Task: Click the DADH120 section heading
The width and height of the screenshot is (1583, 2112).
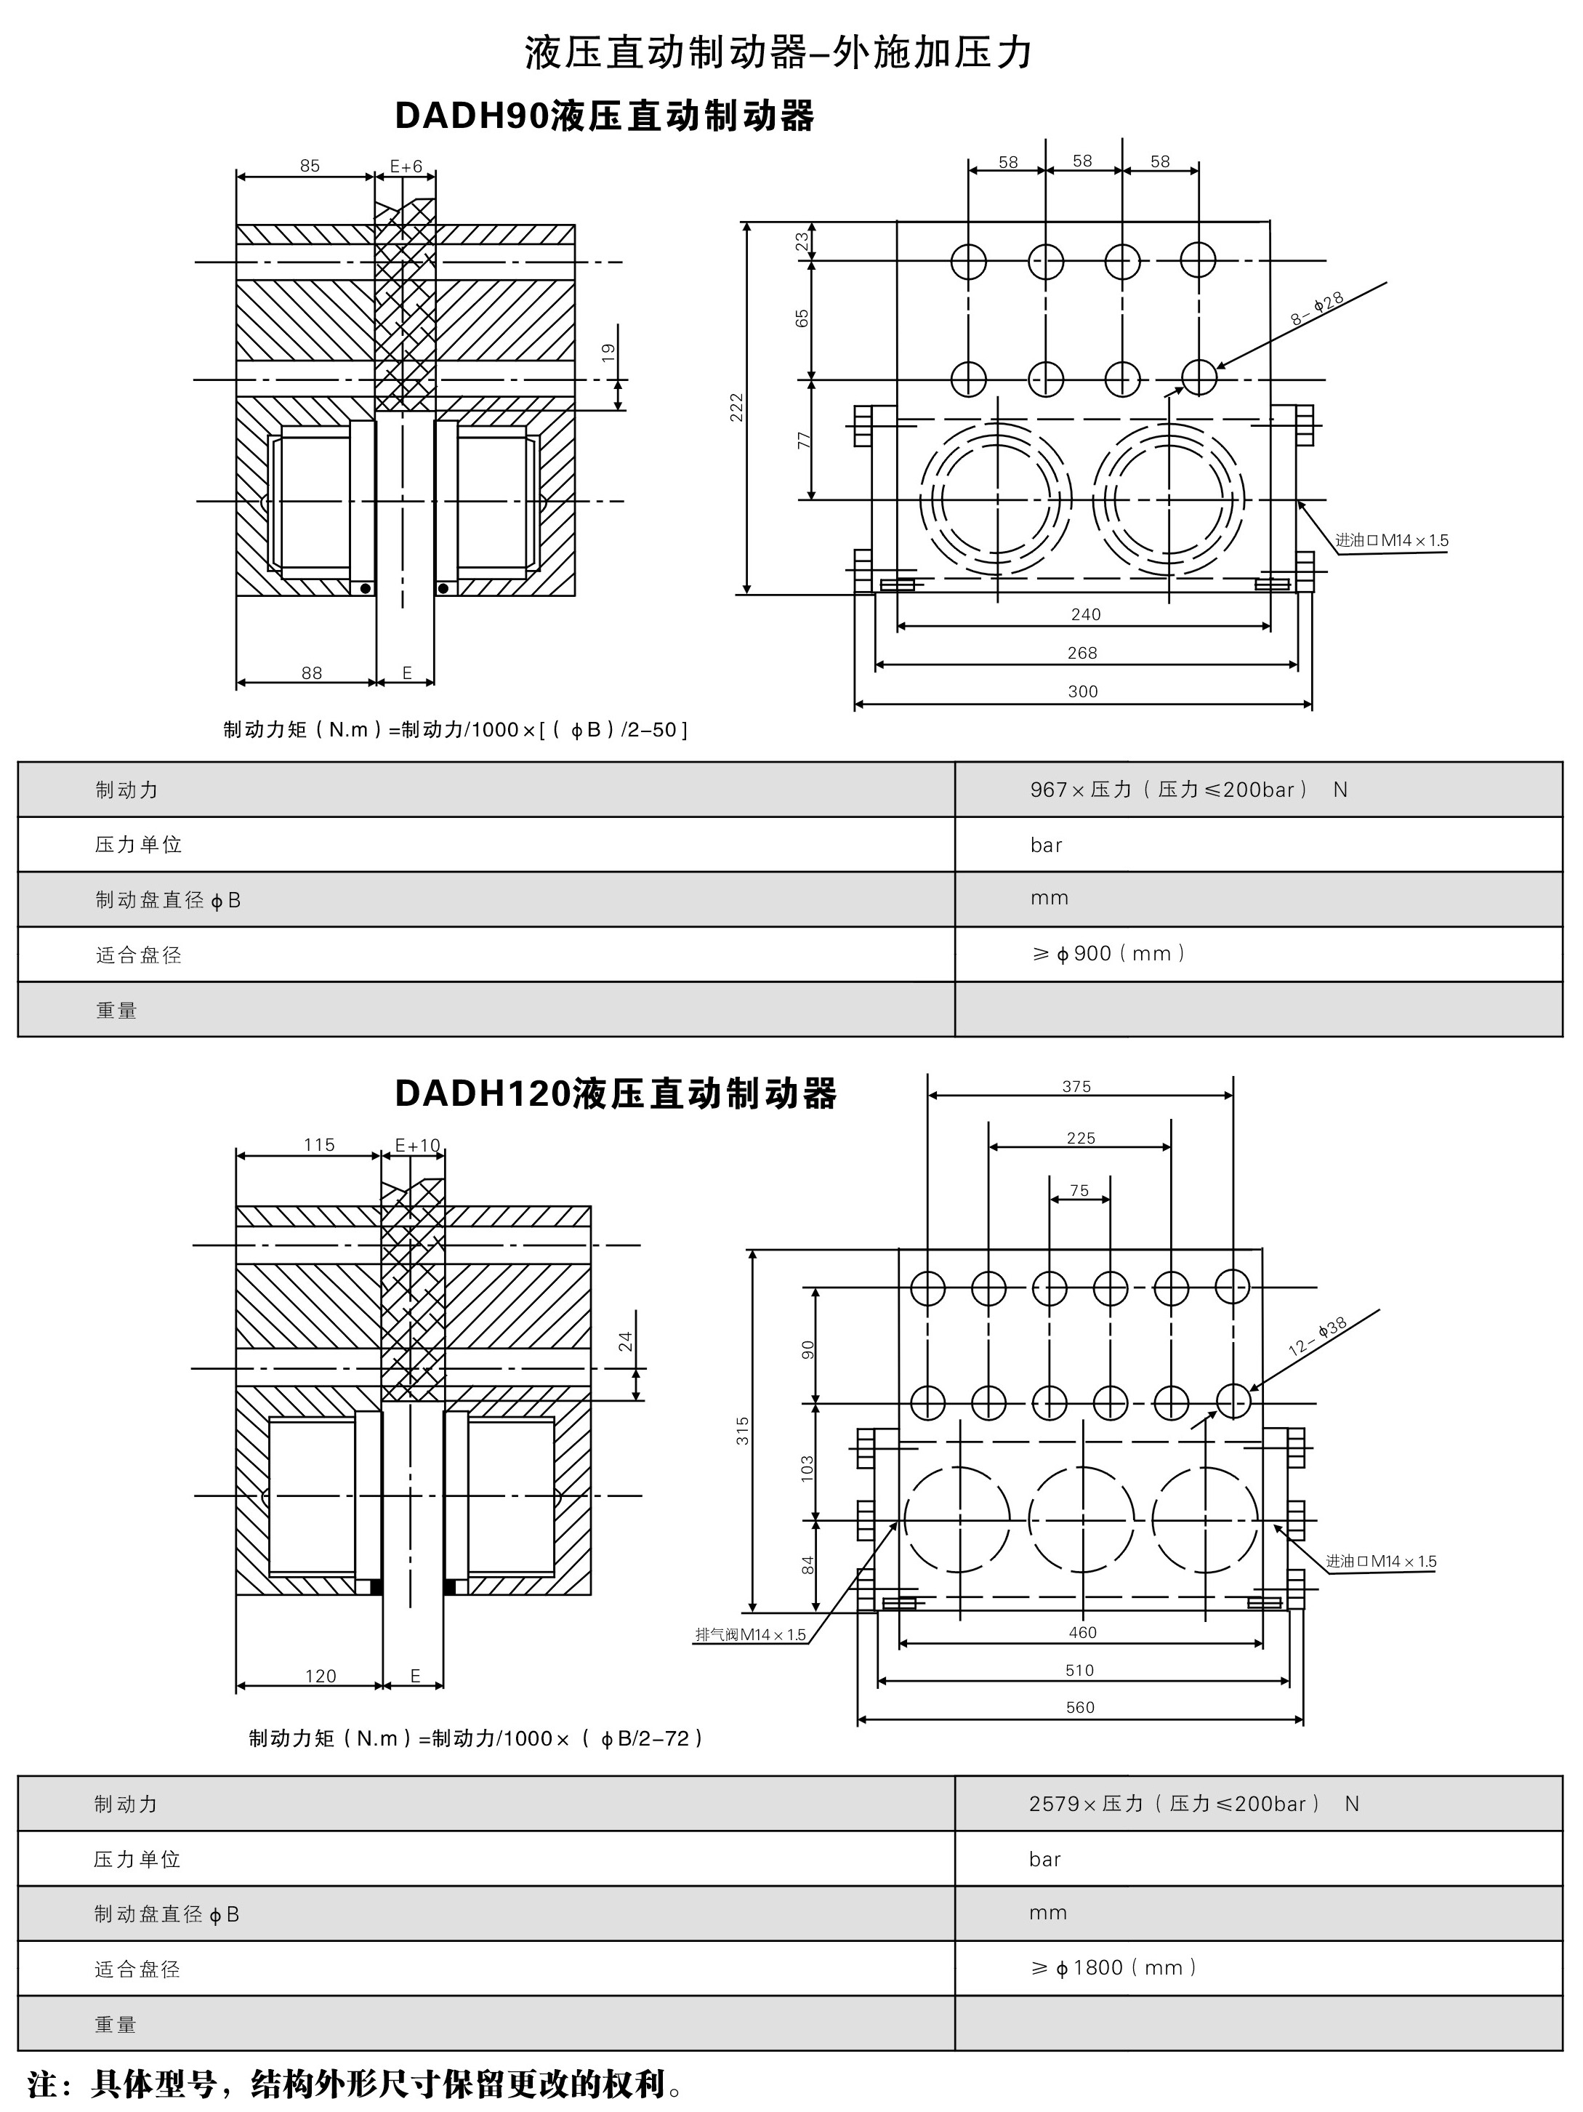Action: click(615, 1093)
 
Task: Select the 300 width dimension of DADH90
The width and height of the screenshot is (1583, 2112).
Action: click(1083, 691)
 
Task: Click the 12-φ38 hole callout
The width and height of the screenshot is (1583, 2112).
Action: click(1318, 1337)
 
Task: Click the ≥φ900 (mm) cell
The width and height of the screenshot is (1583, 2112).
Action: click(1108, 954)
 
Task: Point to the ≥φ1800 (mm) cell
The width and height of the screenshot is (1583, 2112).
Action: click(1113, 1968)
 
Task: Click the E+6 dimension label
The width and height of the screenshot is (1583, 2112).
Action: click(406, 166)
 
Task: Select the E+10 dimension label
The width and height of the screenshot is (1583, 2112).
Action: click(417, 1145)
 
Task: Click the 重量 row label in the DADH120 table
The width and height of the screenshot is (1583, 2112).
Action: click(116, 2024)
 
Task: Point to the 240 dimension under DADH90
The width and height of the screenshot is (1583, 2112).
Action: click(1086, 614)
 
